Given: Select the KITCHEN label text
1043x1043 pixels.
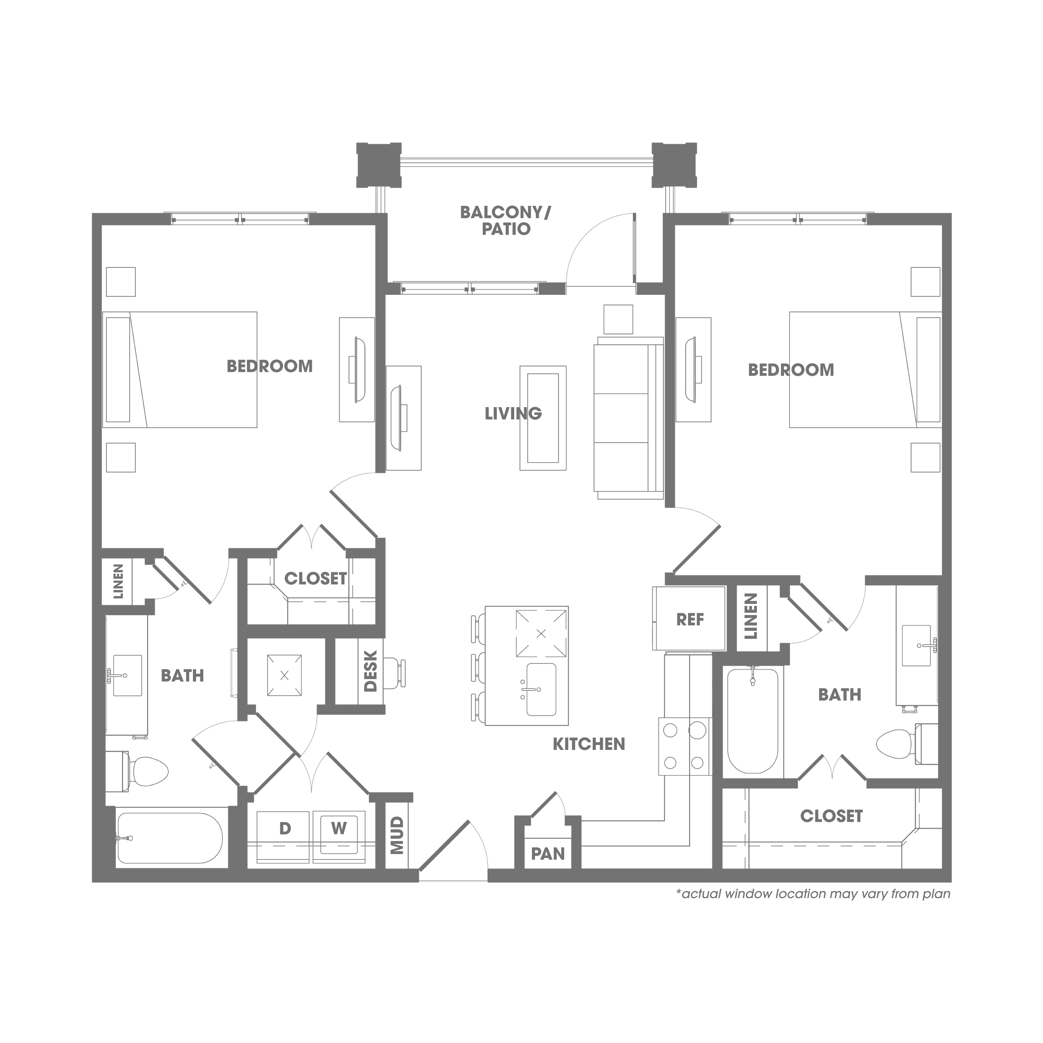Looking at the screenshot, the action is point(589,744).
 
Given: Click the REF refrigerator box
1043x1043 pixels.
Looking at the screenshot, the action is point(689,619).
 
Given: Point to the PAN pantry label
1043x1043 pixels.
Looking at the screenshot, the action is point(548,854).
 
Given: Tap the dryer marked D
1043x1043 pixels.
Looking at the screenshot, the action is point(284,837).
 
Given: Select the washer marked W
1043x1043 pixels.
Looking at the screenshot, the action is point(339,837).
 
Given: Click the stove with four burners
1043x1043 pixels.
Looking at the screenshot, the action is point(684,747).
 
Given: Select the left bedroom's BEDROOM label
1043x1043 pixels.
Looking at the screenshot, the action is point(269,366).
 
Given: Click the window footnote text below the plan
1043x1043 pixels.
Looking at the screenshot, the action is point(813,894).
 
